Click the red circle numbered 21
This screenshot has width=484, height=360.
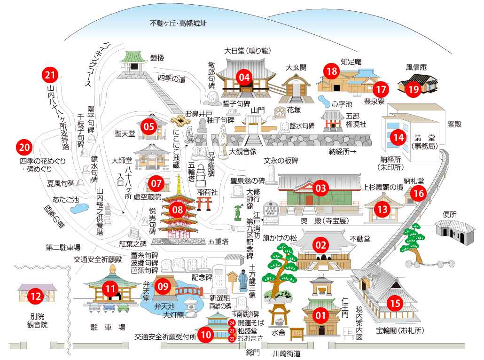pos(50,75)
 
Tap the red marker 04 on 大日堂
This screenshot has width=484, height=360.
pos(244,78)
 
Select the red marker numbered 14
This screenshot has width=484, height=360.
pos(398,137)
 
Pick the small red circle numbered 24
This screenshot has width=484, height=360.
pos(232,323)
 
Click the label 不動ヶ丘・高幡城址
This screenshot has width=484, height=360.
pos(178,23)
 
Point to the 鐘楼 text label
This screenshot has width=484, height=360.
pos(157,58)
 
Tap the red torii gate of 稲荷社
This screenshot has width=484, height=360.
pos(204,203)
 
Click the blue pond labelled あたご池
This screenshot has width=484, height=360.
pos(79,208)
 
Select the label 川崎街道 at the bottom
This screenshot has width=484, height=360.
pos(287,353)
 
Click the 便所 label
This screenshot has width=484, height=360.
pos(449,214)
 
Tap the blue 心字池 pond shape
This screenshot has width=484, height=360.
pos(324,101)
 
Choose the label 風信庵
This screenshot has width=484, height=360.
pos(416,67)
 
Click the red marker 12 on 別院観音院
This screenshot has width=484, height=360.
pos(36,297)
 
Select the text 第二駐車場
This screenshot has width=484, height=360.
pos(63,247)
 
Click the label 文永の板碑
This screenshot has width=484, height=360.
pos(281,161)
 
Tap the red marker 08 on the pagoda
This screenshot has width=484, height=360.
pos(178,210)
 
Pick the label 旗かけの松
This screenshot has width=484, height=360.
pos(280,238)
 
